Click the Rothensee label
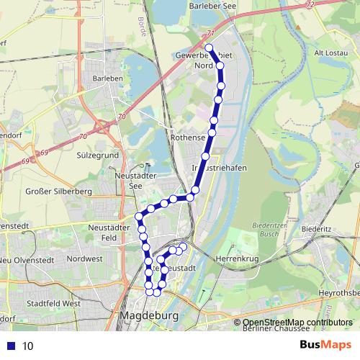tap(188, 137)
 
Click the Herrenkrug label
tap(237, 256)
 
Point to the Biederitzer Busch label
tap(267, 230)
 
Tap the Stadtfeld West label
tap(52, 304)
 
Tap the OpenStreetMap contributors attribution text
tap(297, 322)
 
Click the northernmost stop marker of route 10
tap(210, 48)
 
